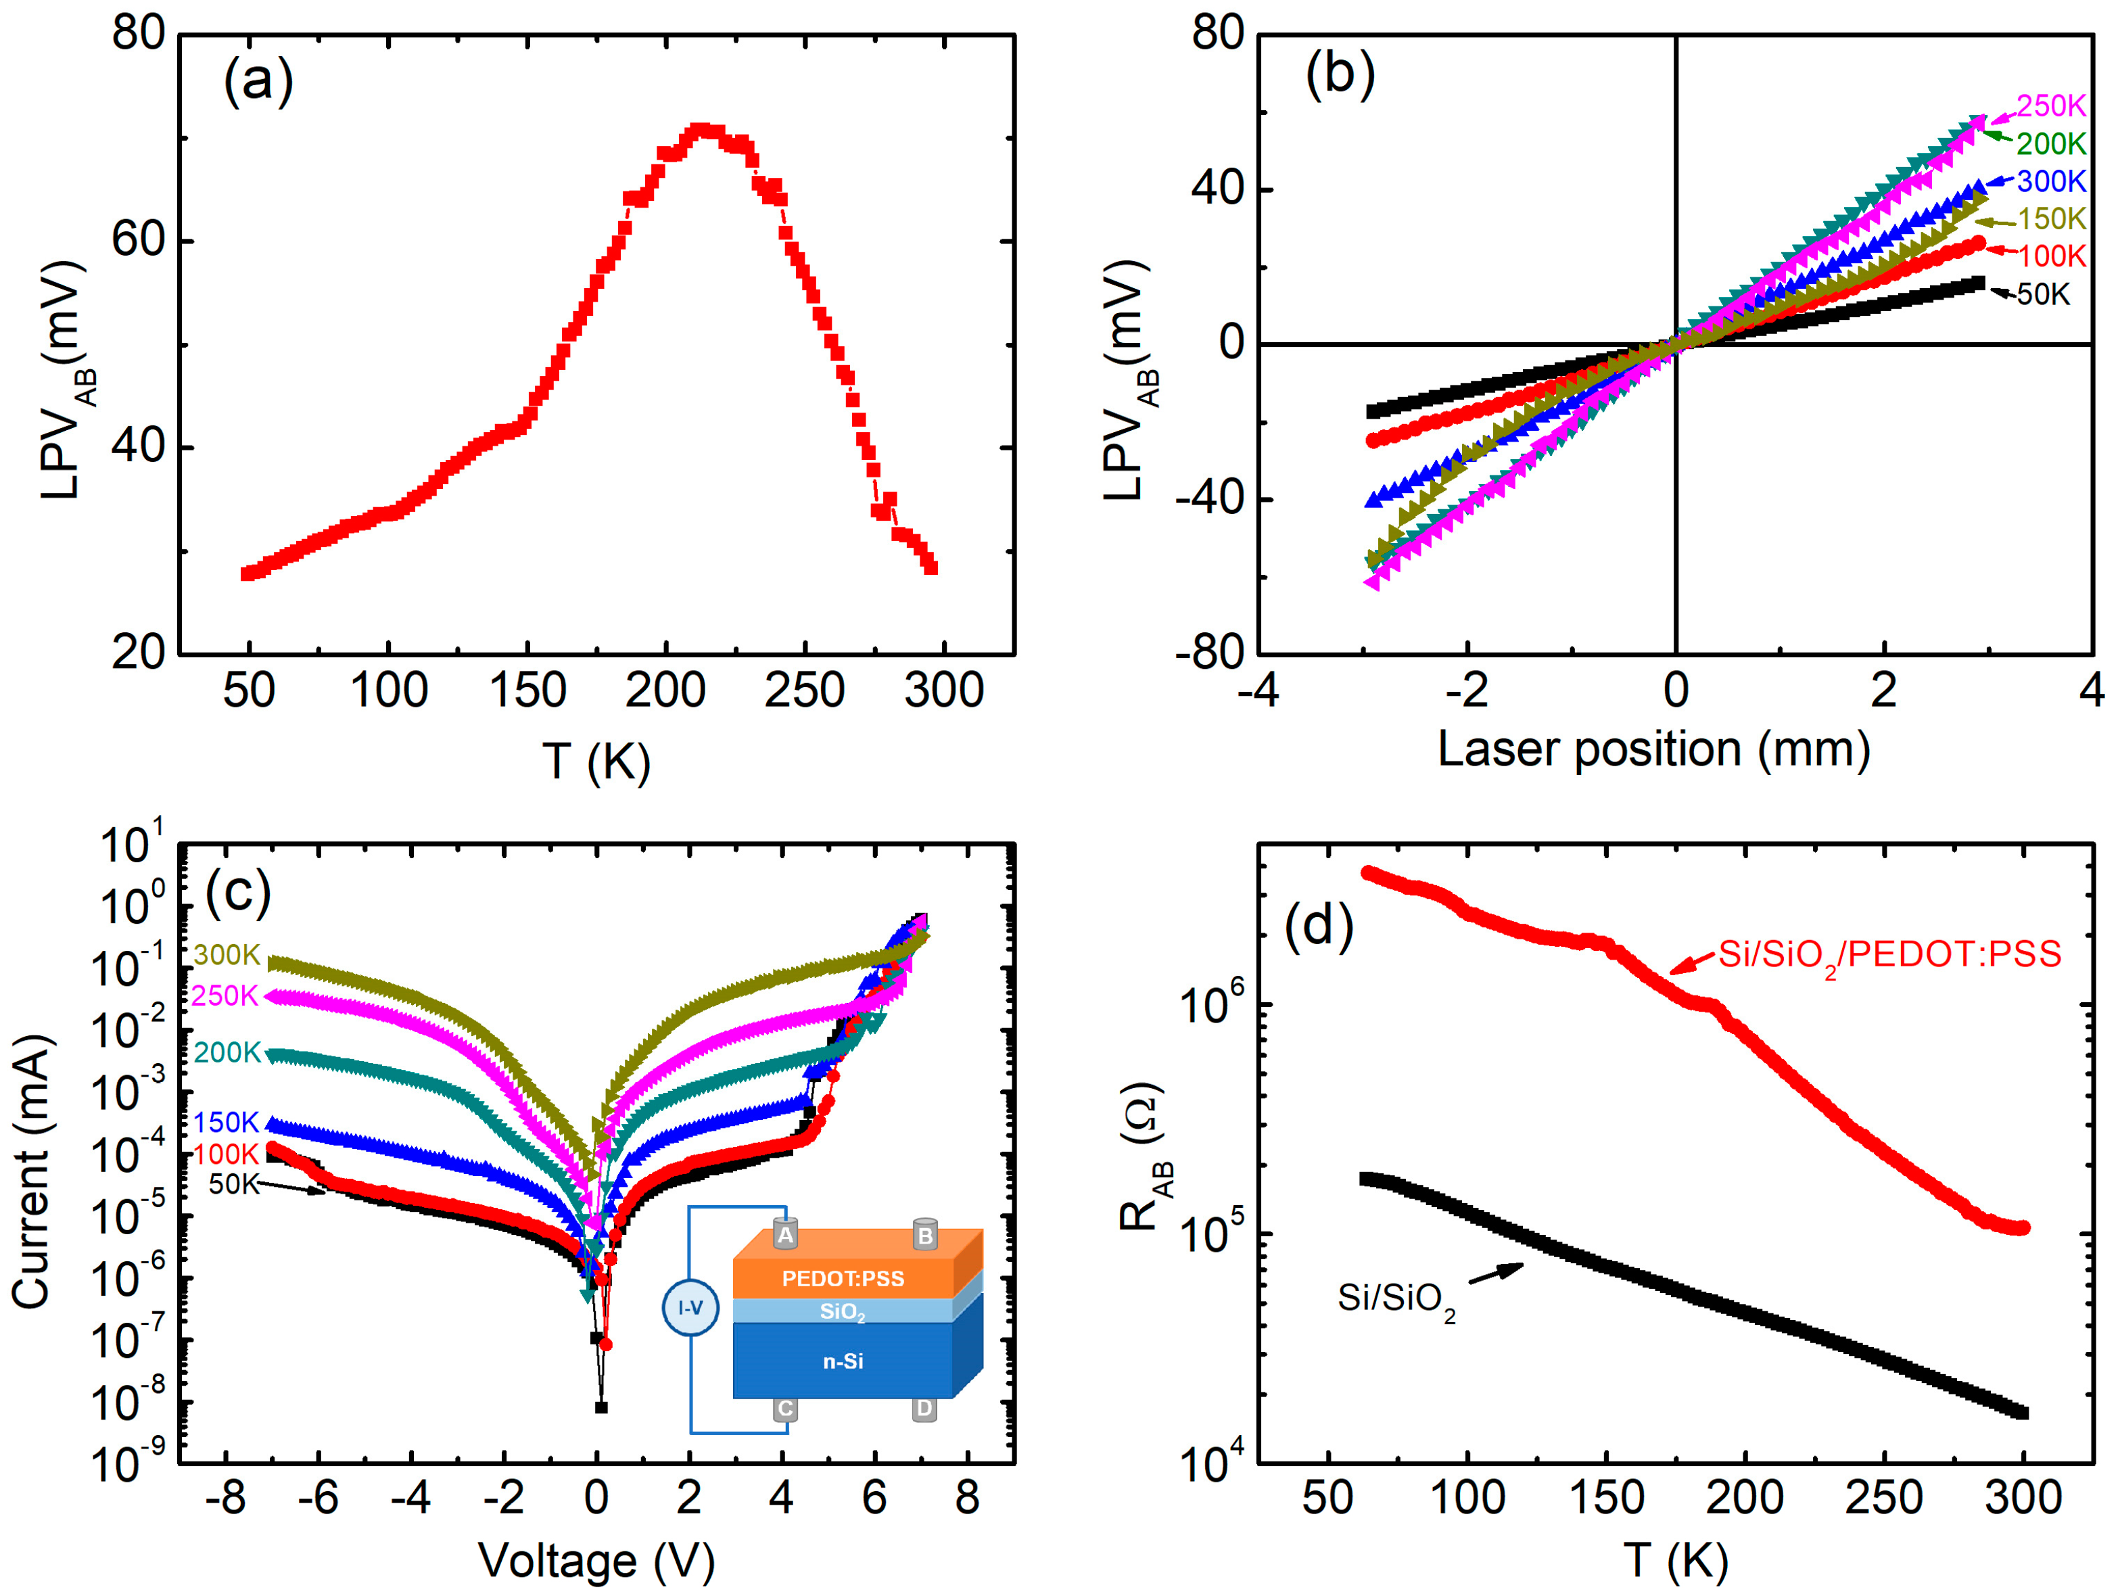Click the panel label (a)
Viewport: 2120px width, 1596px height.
[258, 80]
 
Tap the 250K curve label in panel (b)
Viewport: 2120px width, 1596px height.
[2050, 106]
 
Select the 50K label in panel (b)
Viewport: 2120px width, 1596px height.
[2044, 294]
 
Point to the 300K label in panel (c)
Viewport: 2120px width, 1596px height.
[226, 955]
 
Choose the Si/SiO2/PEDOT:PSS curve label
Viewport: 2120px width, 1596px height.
[1889, 956]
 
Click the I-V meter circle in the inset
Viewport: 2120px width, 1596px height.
[690, 1307]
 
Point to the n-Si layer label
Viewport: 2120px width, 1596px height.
[843, 1361]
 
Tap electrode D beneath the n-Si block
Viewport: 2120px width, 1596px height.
[924, 1408]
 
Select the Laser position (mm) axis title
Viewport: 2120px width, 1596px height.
[1653, 749]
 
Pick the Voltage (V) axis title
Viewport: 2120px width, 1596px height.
[596, 1561]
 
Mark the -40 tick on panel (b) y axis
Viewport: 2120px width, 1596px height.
[1210, 499]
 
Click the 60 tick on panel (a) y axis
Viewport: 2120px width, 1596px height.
[139, 241]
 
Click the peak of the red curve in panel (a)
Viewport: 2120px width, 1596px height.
[701, 129]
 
